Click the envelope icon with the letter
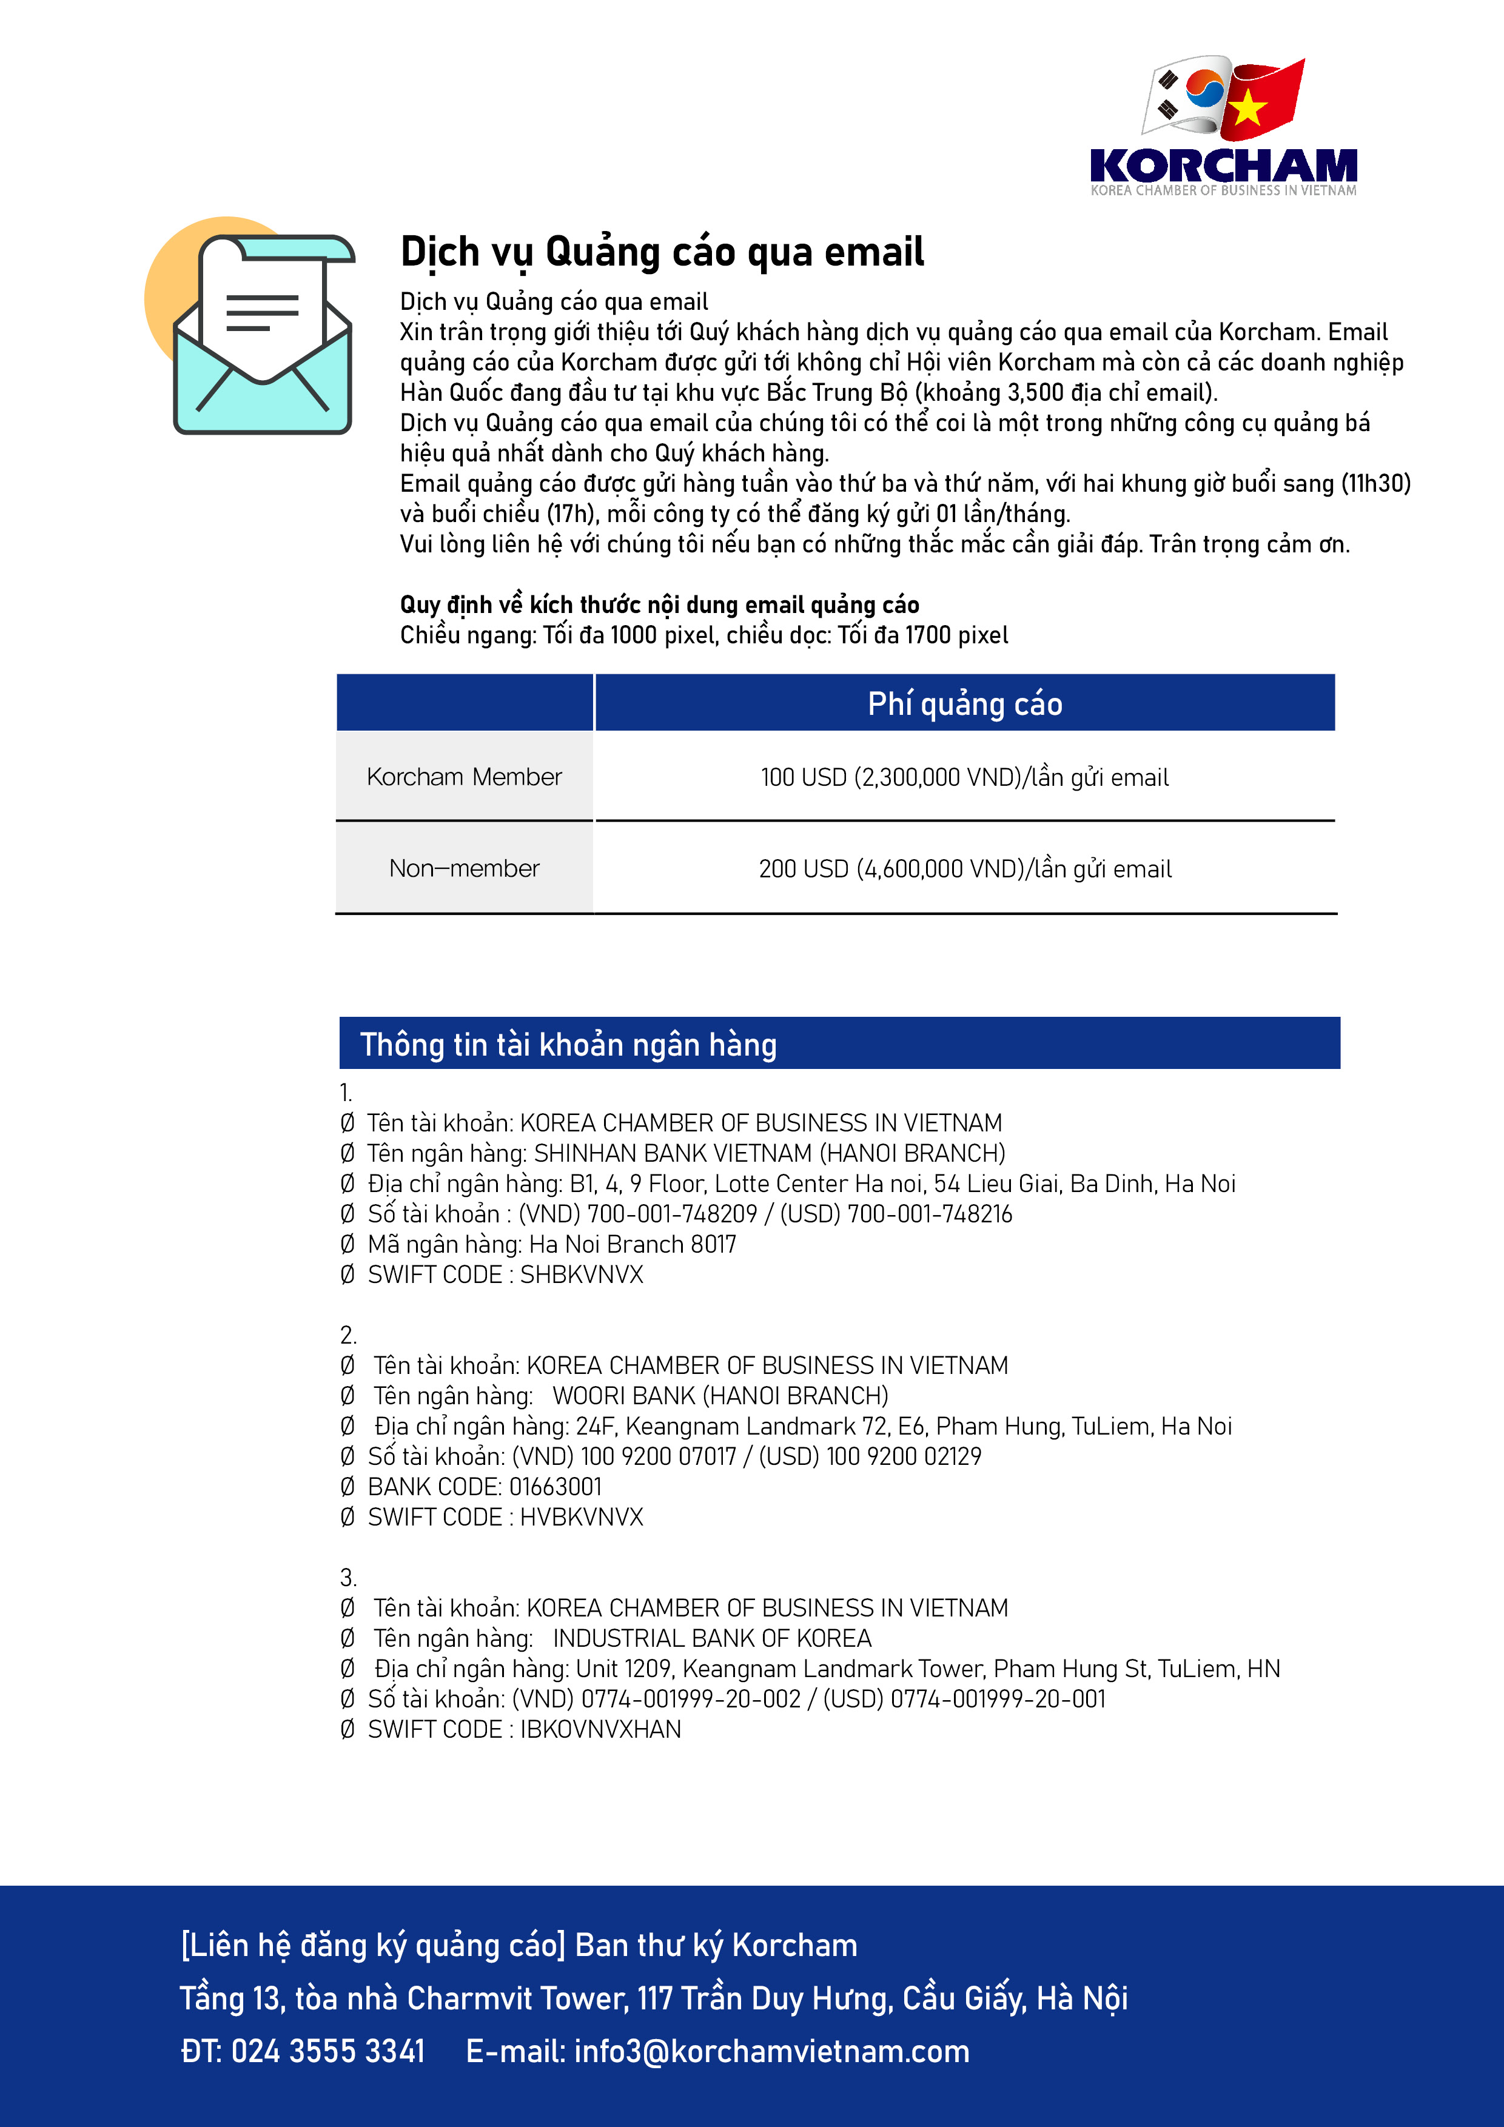262,333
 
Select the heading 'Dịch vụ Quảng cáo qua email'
662,252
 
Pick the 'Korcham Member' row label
465,776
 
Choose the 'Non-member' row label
465,868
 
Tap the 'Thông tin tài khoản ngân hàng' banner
568,1044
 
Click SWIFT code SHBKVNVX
581,1275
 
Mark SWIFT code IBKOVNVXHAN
600,1730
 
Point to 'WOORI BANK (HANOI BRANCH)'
720,1396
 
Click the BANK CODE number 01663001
555,1487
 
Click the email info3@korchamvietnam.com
771,2051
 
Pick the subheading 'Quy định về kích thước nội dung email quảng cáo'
659,605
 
